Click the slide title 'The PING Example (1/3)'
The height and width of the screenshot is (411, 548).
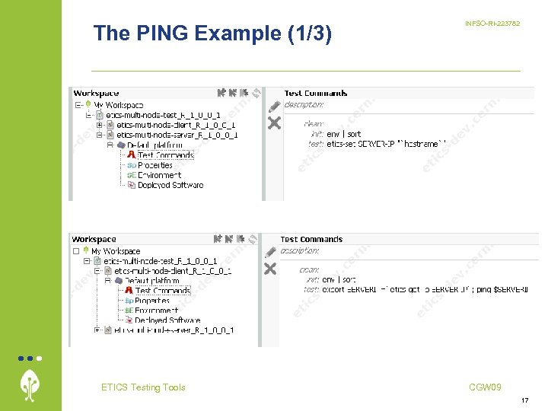tap(212, 33)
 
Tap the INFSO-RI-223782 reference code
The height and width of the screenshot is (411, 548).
tap(492, 24)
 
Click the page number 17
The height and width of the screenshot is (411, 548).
tap(524, 400)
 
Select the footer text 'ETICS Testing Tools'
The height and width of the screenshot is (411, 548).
tap(143, 387)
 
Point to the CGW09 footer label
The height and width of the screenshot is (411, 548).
tap(485, 387)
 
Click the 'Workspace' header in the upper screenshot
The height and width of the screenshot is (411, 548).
tap(95, 93)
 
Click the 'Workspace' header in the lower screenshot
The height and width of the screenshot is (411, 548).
tap(94, 239)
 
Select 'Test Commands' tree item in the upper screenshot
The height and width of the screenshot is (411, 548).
tap(165, 155)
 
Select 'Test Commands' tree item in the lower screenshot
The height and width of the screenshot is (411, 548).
tap(163, 291)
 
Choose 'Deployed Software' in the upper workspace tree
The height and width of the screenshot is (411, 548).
tap(170, 185)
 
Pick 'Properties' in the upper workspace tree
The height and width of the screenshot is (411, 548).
tap(155, 165)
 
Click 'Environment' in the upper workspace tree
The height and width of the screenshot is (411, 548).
tap(158, 175)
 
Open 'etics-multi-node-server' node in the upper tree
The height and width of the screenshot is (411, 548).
tap(177, 135)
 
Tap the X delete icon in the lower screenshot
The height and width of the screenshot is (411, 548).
tap(270, 269)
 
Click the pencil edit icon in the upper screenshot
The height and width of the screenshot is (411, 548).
tap(273, 106)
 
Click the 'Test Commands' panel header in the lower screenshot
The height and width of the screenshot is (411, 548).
tap(311, 239)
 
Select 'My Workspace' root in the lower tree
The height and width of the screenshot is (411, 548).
tap(116, 251)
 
